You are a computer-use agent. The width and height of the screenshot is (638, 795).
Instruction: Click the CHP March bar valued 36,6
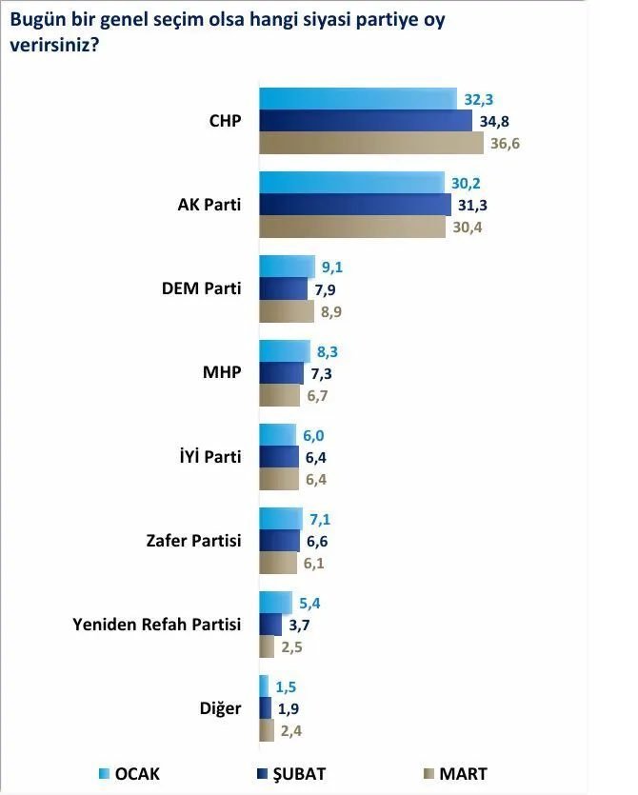point(371,144)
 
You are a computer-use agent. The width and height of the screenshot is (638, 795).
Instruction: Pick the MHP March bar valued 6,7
point(279,394)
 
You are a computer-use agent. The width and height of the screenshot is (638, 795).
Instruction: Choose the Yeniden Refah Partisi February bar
point(271,625)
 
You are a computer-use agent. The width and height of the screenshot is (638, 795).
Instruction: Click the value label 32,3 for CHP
point(478,98)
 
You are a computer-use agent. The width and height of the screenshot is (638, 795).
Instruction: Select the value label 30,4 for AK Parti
point(466,227)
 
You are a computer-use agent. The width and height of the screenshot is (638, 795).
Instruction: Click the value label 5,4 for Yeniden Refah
point(311,603)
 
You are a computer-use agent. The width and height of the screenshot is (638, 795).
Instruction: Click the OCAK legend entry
point(133,773)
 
